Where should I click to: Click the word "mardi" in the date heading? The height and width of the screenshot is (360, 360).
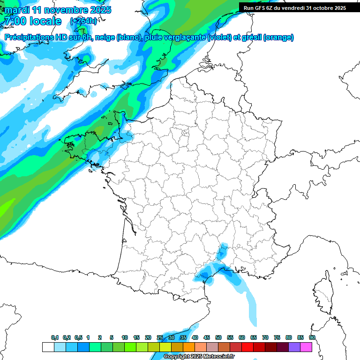(x=17, y=10)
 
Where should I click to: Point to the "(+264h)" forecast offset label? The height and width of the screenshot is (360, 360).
(x=83, y=21)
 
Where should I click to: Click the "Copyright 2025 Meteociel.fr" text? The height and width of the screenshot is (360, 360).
(x=199, y=357)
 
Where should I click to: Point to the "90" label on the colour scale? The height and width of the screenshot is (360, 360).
(x=312, y=337)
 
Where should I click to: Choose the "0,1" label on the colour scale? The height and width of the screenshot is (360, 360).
(x=55, y=337)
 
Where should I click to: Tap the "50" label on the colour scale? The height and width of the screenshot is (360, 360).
(x=218, y=337)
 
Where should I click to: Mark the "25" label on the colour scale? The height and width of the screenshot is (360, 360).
(x=160, y=337)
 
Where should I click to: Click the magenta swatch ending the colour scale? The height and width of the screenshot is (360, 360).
(x=306, y=347)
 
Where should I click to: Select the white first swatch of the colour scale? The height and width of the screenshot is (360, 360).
(x=48, y=347)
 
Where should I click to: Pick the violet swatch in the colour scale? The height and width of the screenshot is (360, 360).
(x=294, y=347)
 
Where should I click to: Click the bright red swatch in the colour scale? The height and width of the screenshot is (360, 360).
(x=247, y=347)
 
